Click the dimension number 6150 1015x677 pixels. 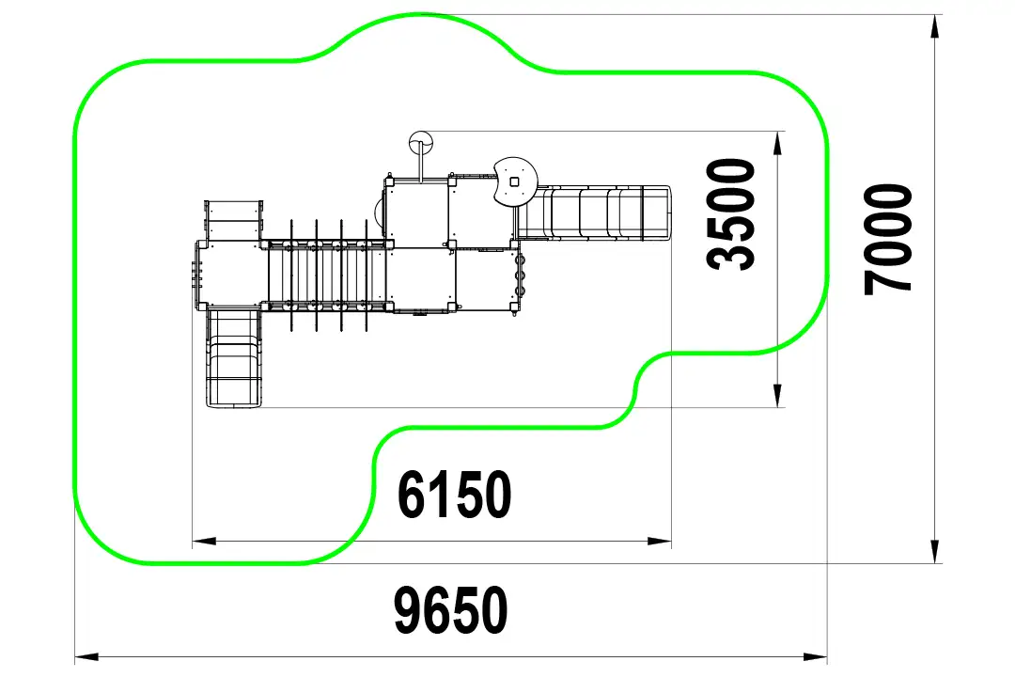coord(454,495)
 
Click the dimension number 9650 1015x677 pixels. coord(451,609)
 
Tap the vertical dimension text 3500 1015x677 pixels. coord(731,213)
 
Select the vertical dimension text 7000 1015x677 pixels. coord(887,239)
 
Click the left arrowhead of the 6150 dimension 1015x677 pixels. coord(204,541)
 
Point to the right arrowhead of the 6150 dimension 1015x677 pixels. coord(660,541)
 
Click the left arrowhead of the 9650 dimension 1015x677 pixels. coord(86,657)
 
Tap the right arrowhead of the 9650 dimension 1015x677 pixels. coord(815,657)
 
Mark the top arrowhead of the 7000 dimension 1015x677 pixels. coord(935,26)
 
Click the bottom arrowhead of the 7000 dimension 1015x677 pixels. coord(935,551)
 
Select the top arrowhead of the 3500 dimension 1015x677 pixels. coord(777,143)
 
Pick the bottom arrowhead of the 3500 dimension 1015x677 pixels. coord(777,395)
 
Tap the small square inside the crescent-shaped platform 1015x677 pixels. coord(514,182)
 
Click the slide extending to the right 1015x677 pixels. coord(594,213)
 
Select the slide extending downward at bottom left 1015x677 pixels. coord(233,358)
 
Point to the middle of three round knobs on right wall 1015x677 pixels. coord(519,276)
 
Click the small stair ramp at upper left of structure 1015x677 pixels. coord(234,220)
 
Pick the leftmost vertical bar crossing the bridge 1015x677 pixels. coord(292,276)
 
